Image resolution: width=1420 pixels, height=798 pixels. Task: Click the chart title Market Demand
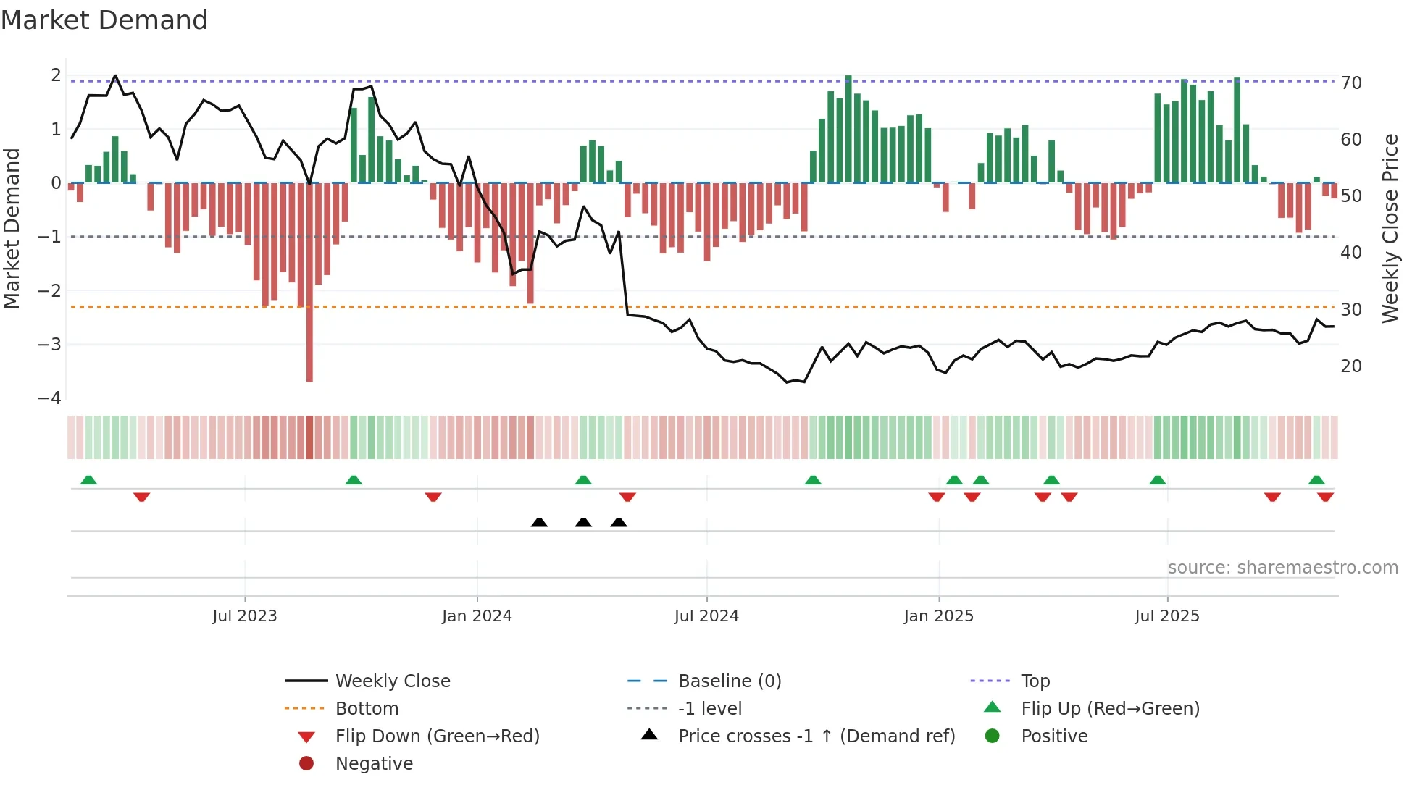104,20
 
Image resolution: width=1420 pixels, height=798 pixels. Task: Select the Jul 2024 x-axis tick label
706,616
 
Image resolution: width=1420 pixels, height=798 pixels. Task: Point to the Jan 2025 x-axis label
938,616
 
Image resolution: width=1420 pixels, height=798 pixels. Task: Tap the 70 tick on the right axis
1351,83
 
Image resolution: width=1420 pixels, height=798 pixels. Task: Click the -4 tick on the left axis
49,398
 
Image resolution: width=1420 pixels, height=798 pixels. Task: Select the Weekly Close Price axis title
1390,228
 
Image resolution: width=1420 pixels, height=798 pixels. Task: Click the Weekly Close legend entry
392,681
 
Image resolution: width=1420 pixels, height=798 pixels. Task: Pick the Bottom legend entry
367,709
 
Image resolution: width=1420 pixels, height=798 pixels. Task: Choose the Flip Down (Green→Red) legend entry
437,736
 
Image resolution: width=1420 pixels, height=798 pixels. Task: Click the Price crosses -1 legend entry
816,736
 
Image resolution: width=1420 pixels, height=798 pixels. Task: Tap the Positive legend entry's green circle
993,736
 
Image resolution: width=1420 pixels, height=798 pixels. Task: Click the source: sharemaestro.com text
1282,568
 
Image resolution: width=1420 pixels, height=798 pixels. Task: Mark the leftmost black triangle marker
539,522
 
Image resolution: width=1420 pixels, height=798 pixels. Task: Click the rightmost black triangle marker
619,522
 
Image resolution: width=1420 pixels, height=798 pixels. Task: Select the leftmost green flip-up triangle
88,480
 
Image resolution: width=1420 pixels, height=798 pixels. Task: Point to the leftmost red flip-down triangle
142,497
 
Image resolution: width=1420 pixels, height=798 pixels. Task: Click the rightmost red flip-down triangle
1325,497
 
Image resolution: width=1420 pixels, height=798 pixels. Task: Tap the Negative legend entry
373,764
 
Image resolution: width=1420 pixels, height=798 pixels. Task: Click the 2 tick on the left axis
56,75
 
